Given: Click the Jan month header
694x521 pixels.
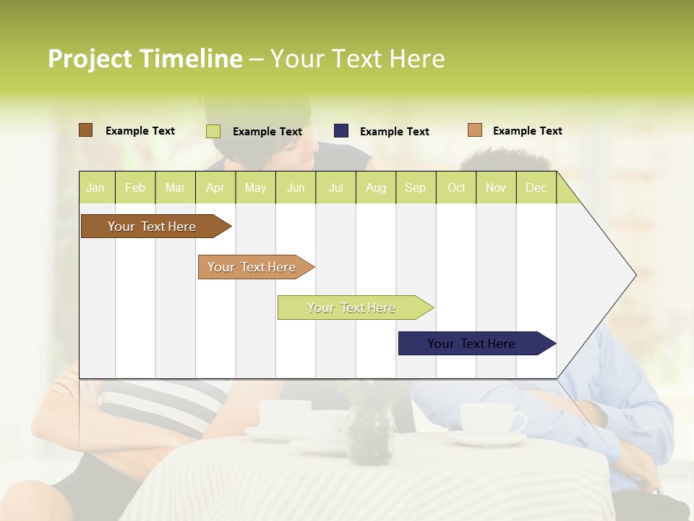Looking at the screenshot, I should [95, 187].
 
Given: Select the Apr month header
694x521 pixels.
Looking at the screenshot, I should [215, 187].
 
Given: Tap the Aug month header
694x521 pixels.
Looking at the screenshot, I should [375, 187].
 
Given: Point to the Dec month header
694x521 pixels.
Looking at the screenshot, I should [536, 187].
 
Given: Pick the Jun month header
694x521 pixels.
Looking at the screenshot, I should [295, 187].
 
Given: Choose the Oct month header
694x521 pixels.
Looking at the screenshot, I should [455, 187].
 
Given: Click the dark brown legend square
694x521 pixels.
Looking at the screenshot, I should [85, 130].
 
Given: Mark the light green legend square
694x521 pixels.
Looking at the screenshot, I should [213, 131].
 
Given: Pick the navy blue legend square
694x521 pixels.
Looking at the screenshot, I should [341, 131].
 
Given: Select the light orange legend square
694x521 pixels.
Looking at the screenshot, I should [474, 130].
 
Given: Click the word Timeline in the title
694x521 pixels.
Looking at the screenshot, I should [191, 59].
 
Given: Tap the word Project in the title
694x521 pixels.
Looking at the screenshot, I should [90, 59].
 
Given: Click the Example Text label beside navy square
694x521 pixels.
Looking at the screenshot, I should [394, 132].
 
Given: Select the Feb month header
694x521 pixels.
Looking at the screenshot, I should [134, 187].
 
